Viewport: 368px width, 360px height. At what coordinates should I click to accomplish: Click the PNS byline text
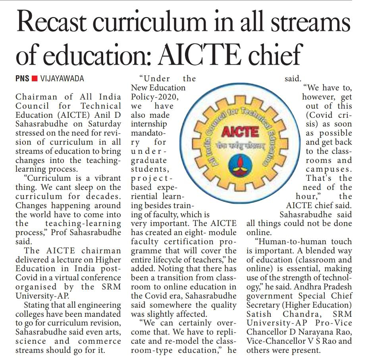pos(22,79)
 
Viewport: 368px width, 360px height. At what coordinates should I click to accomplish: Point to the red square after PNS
pos(35,79)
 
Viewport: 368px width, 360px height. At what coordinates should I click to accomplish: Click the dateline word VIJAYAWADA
pos(62,79)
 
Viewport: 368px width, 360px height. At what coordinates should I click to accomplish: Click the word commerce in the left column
pos(100,341)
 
